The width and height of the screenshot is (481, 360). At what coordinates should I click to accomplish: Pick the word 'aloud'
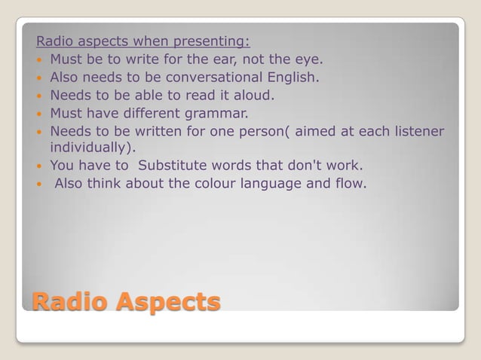tap(253, 96)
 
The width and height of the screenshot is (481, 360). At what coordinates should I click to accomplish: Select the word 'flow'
tap(351, 184)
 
